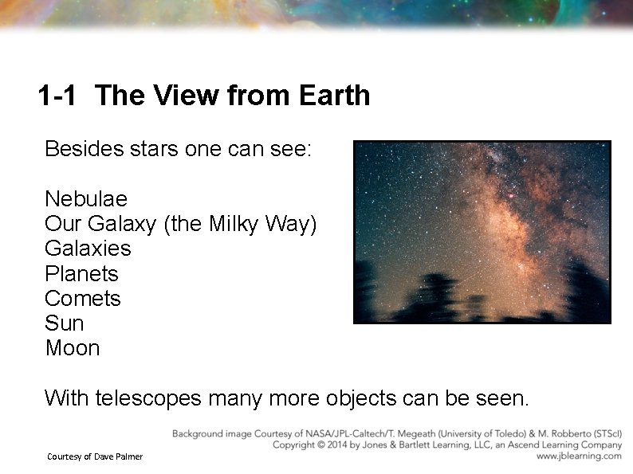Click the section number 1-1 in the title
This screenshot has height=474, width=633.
click(57, 96)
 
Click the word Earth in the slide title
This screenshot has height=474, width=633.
click(334, 96)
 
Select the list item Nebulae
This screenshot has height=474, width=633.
click(86, 198)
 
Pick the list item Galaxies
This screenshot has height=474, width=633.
click(88, 249)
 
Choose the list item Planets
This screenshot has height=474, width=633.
click(81, 274)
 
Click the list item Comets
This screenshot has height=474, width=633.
click(83, 299)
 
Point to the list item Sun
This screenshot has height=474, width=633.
click(64, 323)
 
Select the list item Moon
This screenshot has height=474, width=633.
click(73, 348)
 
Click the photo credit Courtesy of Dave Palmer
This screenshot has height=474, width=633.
click(94, 456)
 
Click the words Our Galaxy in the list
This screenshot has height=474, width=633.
click(101, 224)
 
